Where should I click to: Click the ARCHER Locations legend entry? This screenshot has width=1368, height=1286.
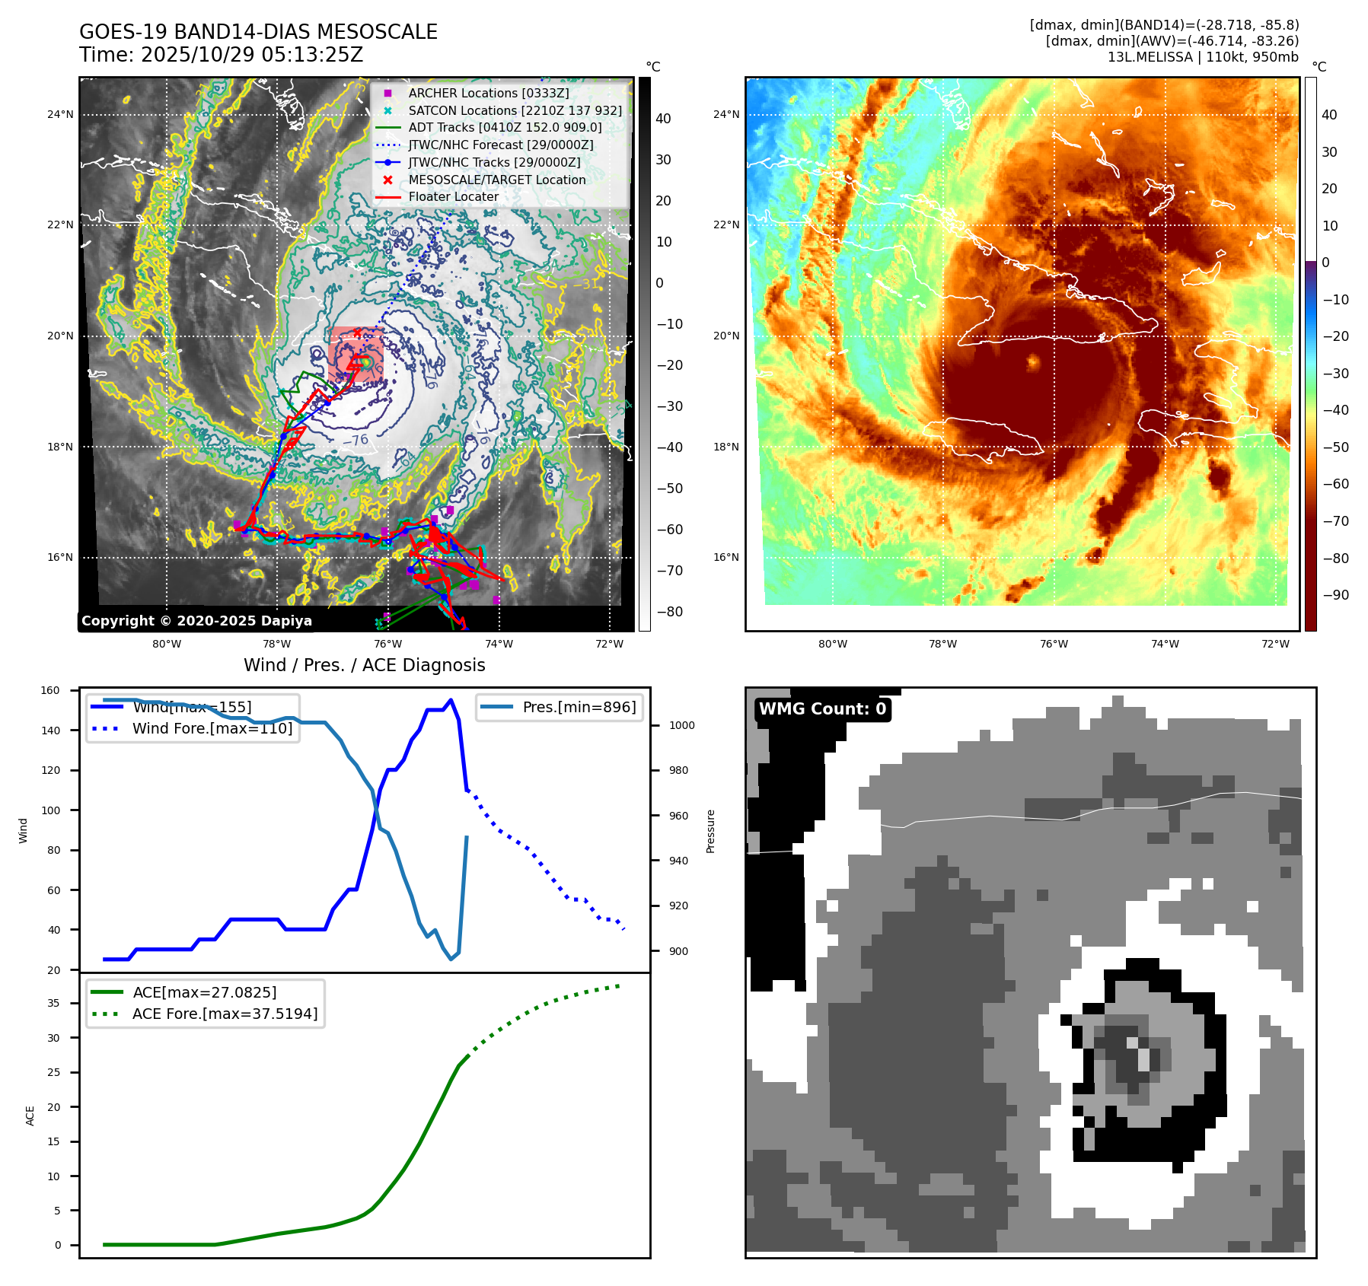488,93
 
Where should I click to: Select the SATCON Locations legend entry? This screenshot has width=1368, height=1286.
515,110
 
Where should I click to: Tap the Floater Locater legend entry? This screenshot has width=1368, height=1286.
453,196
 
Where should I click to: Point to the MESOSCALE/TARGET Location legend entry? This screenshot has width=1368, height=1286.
496,180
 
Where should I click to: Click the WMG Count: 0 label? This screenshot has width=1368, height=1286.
822,709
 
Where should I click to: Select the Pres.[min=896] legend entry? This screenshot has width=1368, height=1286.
579,707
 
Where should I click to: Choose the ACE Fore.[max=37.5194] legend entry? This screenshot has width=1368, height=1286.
225,1014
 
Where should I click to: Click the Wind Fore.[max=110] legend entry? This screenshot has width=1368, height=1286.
212,728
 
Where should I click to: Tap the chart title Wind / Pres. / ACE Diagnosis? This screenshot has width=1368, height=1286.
364,665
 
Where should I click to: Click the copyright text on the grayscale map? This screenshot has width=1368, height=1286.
196,621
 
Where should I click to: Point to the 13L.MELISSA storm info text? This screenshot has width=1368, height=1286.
1203,57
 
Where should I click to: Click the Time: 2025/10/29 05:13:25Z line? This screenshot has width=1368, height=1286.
222,55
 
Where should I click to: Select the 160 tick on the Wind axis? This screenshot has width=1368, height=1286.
50,691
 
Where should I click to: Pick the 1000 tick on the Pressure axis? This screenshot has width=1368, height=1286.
681,725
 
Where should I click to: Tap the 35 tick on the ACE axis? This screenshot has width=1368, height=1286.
53,1003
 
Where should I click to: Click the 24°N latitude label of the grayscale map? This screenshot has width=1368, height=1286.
60,115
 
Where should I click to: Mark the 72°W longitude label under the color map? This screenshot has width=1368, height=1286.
1275,644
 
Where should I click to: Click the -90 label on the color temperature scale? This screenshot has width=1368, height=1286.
1336,595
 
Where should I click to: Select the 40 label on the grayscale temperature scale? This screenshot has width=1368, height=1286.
663,119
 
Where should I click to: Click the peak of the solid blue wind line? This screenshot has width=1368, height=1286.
451,700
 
